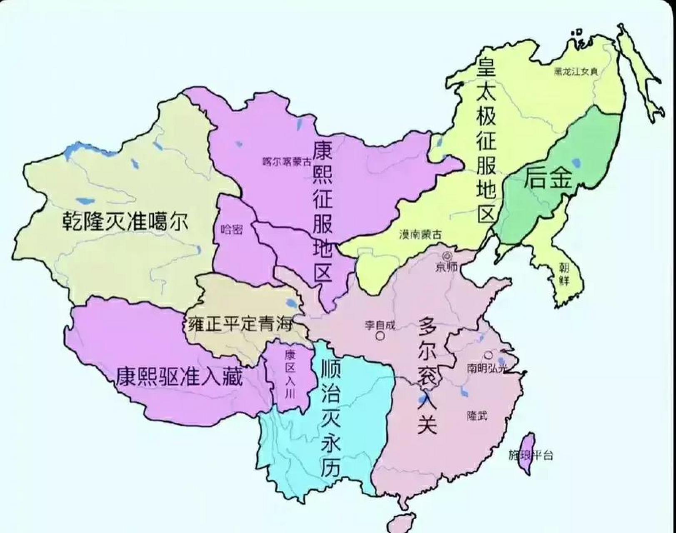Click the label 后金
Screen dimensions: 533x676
point(548,177)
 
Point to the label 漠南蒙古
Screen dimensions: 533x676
point(420,234)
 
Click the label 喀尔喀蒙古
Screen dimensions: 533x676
point(287,162)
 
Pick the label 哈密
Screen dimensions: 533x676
point(231,229)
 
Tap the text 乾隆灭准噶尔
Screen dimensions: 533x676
point(125,221)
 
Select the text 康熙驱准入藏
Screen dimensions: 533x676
point(179,377)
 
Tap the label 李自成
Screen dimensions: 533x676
point(379,324)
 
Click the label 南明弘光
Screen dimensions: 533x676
point(488,368)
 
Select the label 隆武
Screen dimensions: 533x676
point(477,415)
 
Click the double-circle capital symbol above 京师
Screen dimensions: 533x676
point(448,256)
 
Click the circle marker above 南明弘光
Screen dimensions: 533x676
point(488,355)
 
